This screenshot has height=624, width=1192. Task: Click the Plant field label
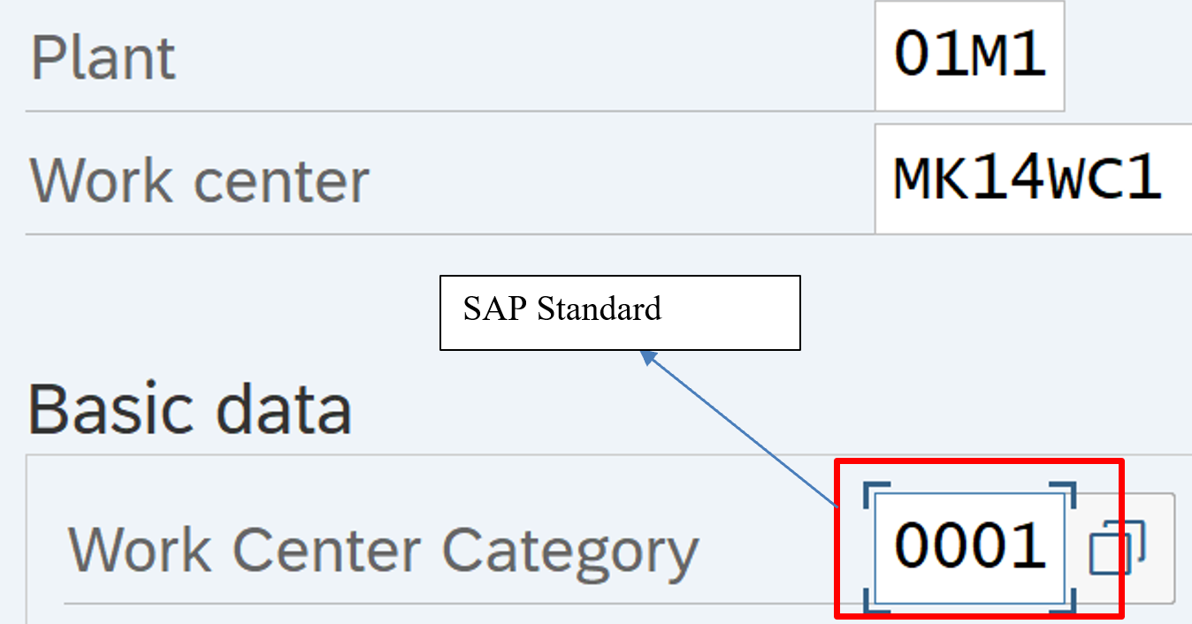pos(103,58)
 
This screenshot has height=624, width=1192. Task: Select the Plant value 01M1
pos(969,54)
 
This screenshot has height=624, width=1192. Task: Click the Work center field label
pos(199,180)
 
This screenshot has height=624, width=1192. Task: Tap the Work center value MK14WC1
pos(1027,176)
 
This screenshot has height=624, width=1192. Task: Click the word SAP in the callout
pos(495,308)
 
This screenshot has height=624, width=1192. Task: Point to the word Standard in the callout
pos(600,308)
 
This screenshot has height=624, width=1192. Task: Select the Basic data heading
pos(190,409)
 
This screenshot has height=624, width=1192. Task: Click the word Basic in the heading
pos(109,409)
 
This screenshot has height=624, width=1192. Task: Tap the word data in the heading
pos(284,409)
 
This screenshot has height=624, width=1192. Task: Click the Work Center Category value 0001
pos(969,545)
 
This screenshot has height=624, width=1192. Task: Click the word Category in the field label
pos(570,552)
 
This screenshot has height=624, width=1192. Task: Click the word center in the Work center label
pos(281,182)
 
